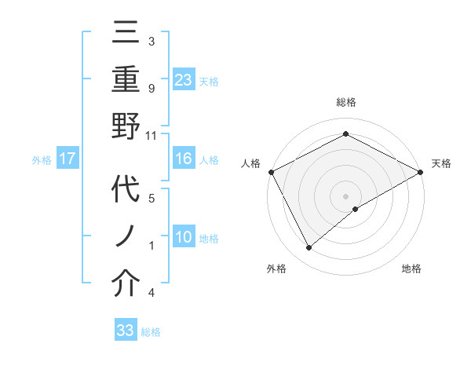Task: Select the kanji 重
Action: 126,82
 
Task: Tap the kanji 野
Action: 126,127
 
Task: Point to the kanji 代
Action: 126,192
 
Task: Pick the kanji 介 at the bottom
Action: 126,284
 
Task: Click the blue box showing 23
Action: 183,79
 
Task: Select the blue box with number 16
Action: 183,159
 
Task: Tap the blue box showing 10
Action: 183,237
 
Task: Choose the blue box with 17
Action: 68,159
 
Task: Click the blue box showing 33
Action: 125,330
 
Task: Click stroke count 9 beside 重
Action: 151,89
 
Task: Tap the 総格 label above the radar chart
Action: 345,102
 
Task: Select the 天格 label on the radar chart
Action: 441,163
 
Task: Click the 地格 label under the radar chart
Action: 411,269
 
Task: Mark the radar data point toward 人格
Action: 271,171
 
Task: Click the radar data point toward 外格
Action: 309,247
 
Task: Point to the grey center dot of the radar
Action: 345,195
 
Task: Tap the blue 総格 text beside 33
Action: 151,331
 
